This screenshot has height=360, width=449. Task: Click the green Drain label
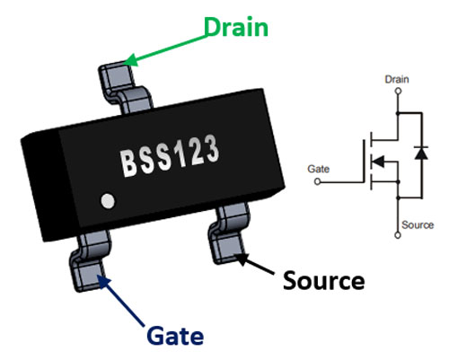[235, 27]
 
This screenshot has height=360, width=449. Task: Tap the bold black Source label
[323, 280]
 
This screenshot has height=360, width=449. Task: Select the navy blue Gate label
[175, 337]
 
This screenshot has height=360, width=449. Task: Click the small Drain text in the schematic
[396, 79]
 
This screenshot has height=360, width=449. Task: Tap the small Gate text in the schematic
[318, 168]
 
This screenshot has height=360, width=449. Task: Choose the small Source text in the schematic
[417, 224]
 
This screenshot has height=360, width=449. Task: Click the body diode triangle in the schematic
[417, 154]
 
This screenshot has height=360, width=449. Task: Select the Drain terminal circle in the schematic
[396, 91]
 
